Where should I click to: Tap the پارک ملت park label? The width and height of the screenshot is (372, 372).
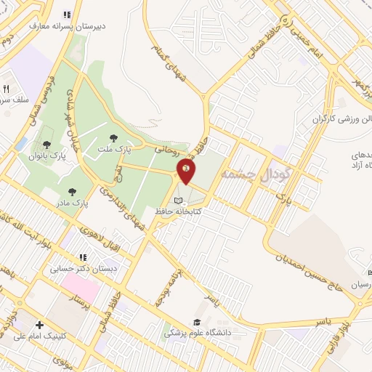tap(113, 149)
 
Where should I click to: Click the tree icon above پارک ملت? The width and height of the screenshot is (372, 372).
tap(113, 137)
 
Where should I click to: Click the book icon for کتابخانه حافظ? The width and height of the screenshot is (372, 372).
tap(179, 200)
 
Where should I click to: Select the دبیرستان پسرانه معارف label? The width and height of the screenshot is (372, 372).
tap(68, 25)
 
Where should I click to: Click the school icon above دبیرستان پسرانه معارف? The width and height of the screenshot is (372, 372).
tap(67, 14)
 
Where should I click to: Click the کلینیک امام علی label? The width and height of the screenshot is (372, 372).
tap(41, 336)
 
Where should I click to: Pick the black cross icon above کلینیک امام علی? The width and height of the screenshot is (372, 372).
tap(39, 325)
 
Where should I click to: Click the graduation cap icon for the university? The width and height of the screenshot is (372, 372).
tap(196, 322)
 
